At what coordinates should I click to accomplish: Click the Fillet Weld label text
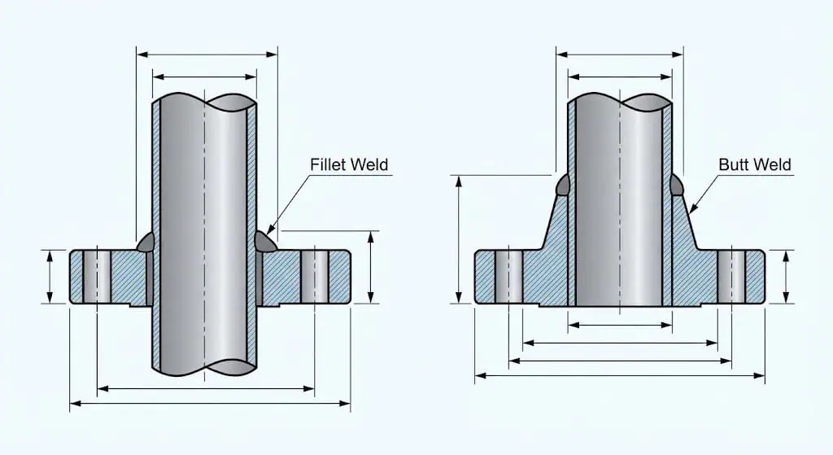[x=349, y=165]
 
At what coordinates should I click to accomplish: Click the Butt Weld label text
[x=754, y=165]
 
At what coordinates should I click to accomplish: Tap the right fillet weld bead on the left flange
[x=265, y=241]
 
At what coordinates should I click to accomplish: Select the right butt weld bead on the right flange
[x=677, y=186]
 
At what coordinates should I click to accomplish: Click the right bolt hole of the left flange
[x=314, y=277]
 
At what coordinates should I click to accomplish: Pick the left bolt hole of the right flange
[x=508, y=277]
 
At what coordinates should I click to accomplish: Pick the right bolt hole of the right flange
[x=731, y=277]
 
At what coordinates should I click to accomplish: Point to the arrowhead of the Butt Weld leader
[x=691, y=211]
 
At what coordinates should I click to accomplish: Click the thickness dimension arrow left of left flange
[x=50, y=277]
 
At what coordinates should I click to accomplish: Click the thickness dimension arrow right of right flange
[x=786, y=277]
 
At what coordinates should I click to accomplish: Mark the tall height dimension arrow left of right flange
[x=460, y=239]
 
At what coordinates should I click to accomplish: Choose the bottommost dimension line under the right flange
[x=620, y=375]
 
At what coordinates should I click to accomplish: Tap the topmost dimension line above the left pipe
[x=207, y=54]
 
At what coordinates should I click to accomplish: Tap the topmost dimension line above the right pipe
[x=620, y=54]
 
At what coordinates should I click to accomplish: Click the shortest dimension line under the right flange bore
[x=620, y=326]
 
